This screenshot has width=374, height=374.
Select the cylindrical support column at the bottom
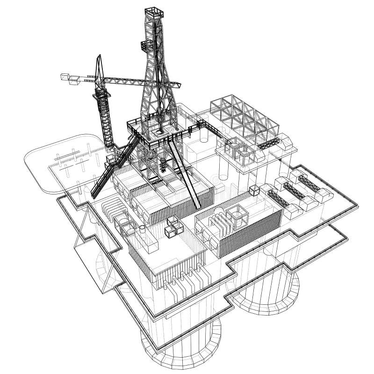pos(182,344)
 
